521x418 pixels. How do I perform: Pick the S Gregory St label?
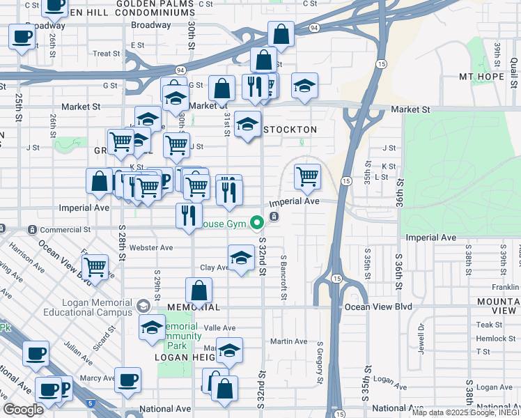pyautogui.click(x=320, y=362)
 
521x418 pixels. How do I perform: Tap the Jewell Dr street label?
pyautogui.click(x=421, y=336)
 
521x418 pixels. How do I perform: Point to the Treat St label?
pyautogui.click(x=107, y=53)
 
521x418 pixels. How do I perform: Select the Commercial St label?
pyautogui.click(x=65, y=229)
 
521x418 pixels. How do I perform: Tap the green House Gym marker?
pyautogui.click(x=257, y=223)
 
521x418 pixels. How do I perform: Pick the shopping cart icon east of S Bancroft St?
pyautogui.click(x=307, y=177)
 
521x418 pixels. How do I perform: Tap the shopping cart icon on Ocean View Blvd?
pyautogui.click(x=95, y=267)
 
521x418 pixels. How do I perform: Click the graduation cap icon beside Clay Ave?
pyautogui.click(x=241, y=258)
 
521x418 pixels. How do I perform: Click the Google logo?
pyautogui.click(x=23, y=410)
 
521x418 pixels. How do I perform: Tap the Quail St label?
pyautogui.click(x=513, y=69)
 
